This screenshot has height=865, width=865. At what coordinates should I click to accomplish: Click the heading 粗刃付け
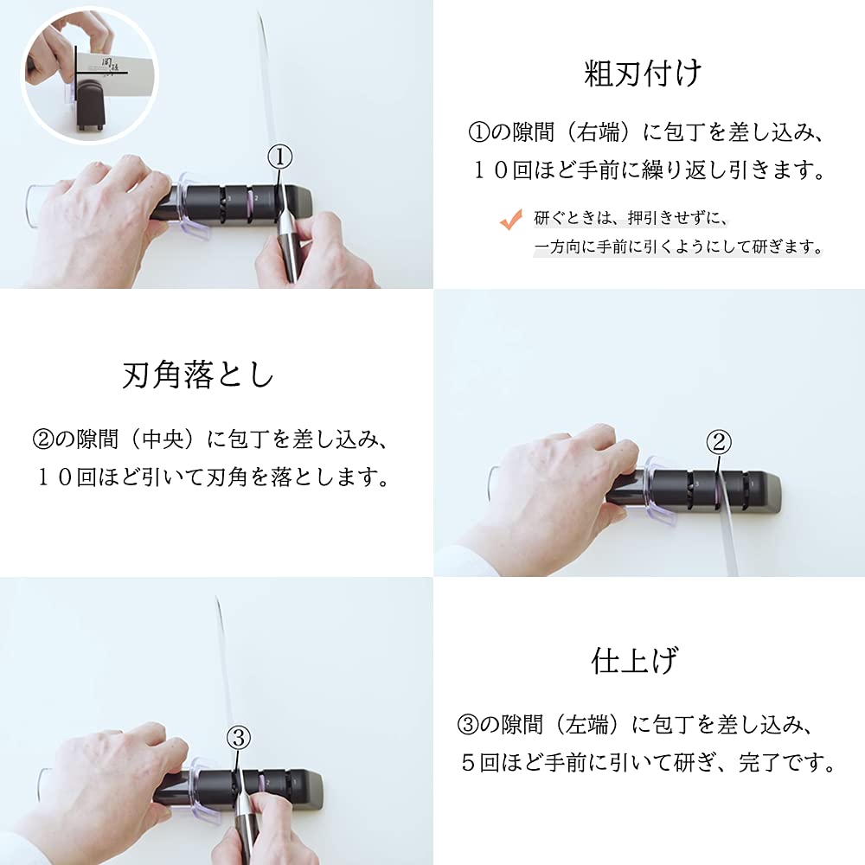(x=643, y=73)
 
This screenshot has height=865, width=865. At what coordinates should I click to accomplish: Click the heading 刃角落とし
(x=198, y=375)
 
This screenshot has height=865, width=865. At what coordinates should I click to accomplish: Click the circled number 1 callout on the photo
(x=279, y=157)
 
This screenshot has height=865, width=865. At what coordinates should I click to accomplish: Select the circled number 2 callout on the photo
(x=720, y=443)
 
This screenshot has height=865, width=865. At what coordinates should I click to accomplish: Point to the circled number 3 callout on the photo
(x=240, y=737)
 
